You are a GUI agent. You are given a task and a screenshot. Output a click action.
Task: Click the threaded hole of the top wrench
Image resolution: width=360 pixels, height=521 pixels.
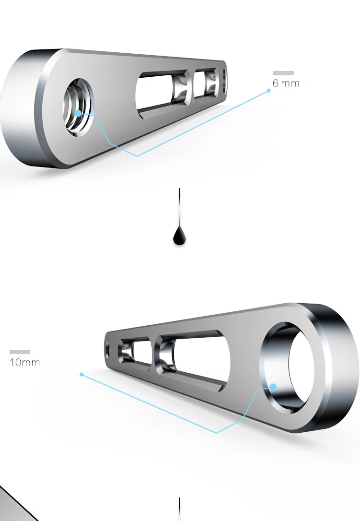(78, 107)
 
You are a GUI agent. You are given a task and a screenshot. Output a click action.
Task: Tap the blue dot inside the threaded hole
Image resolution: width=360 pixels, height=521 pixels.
(78, 113)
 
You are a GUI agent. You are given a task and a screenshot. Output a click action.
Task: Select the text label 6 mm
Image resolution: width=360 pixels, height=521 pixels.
(286, 83)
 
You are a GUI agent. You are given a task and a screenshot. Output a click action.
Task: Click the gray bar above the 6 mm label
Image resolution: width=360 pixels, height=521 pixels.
(283, 73)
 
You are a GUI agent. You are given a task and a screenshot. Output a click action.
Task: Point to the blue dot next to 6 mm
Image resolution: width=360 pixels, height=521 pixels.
(269, 90)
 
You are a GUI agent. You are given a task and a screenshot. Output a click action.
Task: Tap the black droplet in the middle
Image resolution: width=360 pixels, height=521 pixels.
(180, 236)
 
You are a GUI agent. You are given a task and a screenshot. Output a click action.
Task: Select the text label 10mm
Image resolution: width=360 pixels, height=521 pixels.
(24, 362)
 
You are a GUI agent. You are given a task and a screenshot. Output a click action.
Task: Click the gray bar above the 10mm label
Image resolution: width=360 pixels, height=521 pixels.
(20, 352)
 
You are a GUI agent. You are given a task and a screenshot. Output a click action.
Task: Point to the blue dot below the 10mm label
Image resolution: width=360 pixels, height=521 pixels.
(82, 374)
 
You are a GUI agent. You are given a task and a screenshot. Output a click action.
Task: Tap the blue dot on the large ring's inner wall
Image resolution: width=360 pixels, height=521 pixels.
(273, 387)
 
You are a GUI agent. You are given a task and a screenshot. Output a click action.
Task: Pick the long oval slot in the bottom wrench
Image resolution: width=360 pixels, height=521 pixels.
(192, 357)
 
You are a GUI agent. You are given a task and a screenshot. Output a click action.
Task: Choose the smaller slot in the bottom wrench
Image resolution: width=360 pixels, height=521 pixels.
(133, 350)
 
